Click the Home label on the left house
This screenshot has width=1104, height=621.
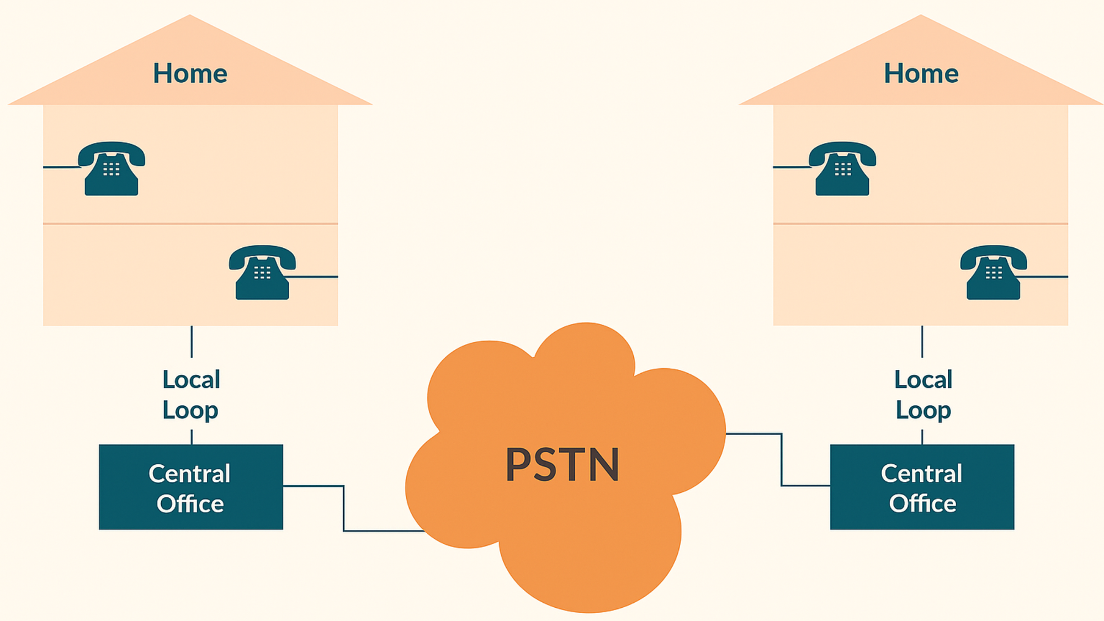[190, 73]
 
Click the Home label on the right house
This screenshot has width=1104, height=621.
[921, 73]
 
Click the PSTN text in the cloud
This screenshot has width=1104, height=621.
[562, 465]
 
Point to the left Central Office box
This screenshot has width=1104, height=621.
[191, 487]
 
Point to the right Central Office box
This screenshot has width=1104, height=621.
[922, 487]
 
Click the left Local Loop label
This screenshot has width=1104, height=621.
[191, 395]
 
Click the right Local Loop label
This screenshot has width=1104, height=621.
[923, 395]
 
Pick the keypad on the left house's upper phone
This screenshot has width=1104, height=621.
[112, 169]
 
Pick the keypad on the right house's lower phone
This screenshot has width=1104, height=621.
[994, 273]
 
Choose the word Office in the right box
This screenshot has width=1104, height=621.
[922, 504]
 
